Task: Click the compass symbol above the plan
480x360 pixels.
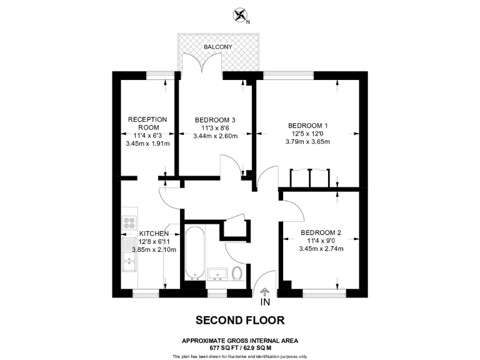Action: click(239, 14)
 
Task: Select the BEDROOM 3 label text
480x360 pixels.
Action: click(215, 120)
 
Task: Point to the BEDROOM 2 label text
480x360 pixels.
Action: click(320, 232)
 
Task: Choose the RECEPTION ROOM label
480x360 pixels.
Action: click(147, 122)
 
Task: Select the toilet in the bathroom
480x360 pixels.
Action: click(237, 274)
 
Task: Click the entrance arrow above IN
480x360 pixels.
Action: click(264, 291)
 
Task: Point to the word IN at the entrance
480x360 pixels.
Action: click(265, 303)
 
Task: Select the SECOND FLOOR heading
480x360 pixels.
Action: click(240, 321)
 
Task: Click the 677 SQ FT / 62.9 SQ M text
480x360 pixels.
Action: click(240, 347)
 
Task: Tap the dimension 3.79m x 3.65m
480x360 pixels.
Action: click(307, 142)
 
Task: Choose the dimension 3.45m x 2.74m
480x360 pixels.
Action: click(320, 249)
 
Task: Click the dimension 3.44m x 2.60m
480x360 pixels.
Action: click(215, 136)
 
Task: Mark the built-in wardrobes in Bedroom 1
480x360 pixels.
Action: click(311, 178)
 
